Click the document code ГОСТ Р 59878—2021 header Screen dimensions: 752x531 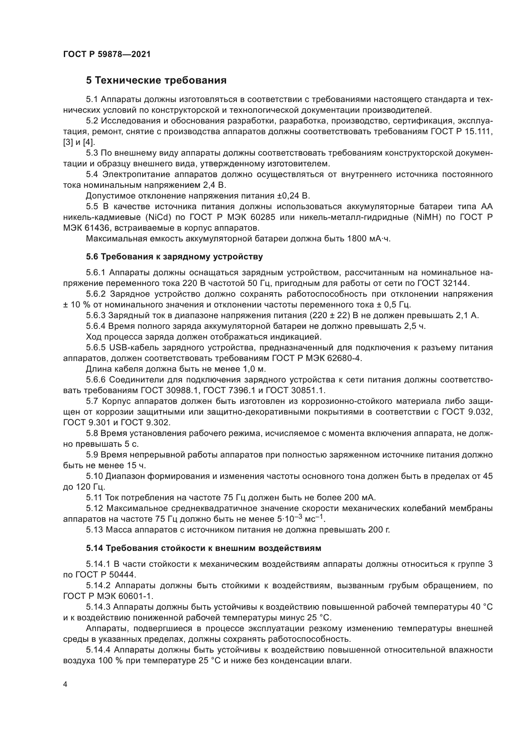(107, 54)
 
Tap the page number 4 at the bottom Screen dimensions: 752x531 (65, 684)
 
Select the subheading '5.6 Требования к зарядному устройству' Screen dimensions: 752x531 (174, 257)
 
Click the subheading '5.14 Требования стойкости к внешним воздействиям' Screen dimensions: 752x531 (203, 548)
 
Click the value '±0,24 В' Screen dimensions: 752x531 (293, 196)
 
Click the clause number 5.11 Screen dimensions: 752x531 (94, 497)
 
